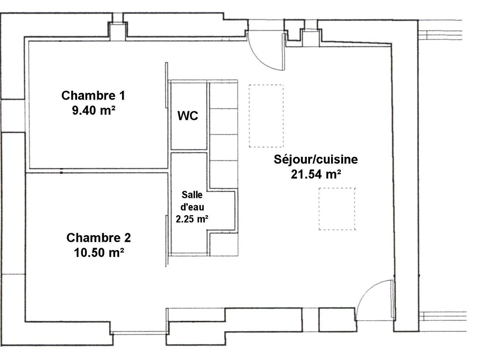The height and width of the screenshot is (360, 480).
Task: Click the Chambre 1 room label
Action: [x=93, y=96]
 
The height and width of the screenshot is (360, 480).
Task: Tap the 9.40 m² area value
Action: [x=94, y=110]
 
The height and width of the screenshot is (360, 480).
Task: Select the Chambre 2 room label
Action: [x=99, y=238]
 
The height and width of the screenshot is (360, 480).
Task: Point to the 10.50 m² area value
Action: [x=99, y=252]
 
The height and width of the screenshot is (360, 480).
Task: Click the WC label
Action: [x=188, y=116]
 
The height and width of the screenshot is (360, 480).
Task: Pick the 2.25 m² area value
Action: [x=192, y=219]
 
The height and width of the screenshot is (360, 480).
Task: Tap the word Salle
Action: [x=192, y=195]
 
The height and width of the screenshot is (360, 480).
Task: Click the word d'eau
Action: [x=192, y=207]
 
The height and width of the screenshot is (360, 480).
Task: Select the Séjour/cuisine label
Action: [x=316, y=160]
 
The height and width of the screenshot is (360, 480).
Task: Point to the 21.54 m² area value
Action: [x=316, y=174]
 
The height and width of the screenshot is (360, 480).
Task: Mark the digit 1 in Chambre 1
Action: [x=122, y=96]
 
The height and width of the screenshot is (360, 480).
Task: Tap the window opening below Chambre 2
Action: [x=139, y=333]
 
